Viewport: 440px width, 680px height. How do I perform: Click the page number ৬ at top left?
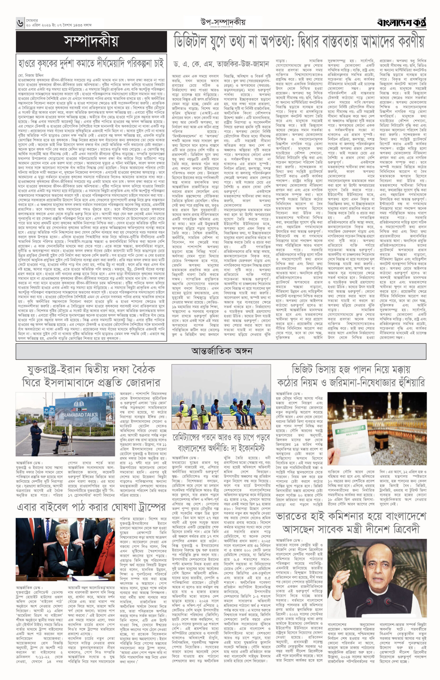point(20,23)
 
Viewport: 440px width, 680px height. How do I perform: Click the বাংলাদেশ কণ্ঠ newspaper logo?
point(401,22)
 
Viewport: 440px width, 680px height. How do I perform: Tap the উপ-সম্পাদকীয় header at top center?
point(223,22)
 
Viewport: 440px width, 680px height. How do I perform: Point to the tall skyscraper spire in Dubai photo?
point(231,384)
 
